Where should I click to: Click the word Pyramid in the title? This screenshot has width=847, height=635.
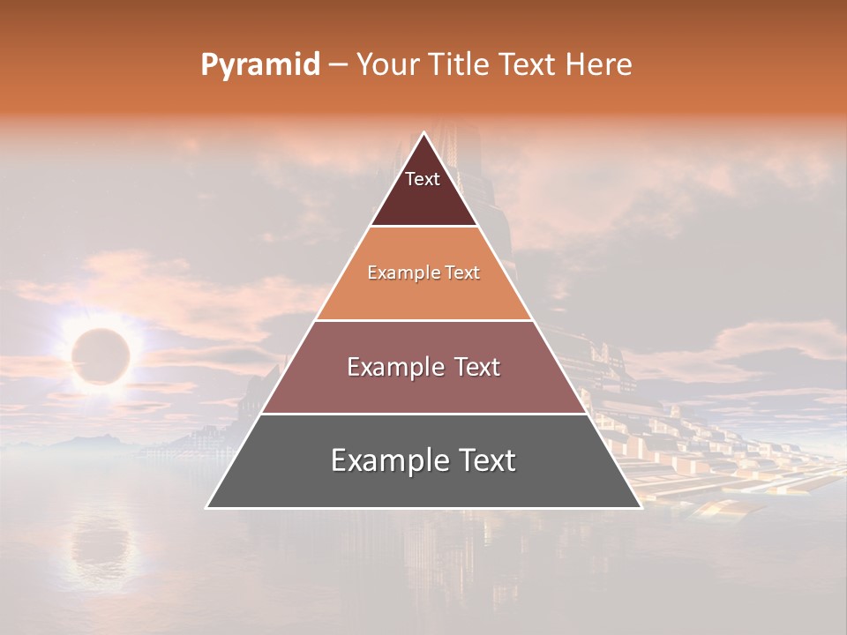259,65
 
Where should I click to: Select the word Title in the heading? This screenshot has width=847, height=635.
461,65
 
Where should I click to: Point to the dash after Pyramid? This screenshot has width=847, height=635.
337,65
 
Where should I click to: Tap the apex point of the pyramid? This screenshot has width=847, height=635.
423,133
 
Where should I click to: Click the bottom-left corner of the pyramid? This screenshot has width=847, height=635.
207,507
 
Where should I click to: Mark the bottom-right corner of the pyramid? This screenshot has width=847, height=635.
641,507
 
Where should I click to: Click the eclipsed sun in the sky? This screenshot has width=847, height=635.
101,355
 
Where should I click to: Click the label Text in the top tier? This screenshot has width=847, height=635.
423,179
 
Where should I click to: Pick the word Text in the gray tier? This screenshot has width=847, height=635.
483,460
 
